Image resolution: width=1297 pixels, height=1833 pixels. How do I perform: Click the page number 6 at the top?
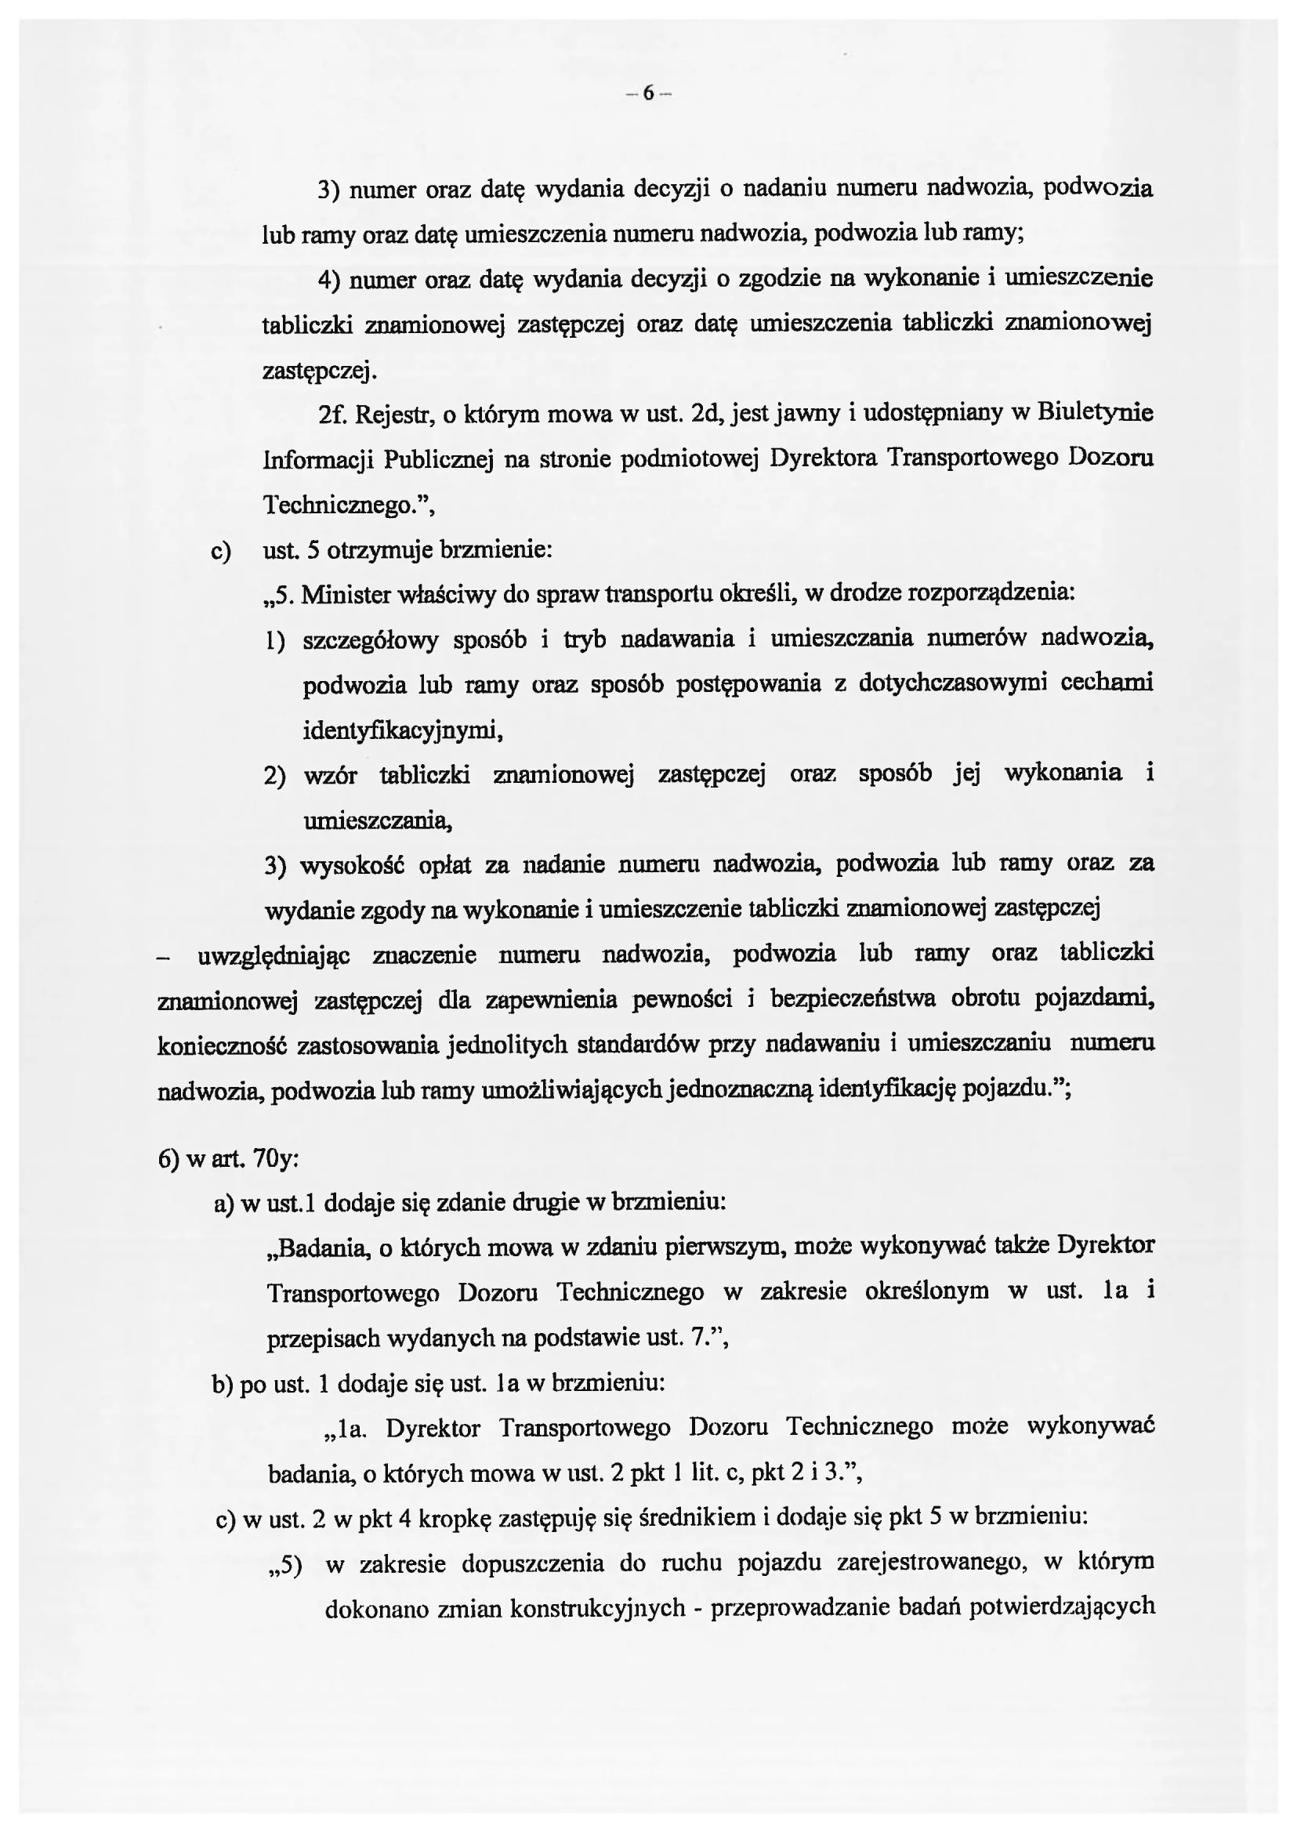coord(647,94)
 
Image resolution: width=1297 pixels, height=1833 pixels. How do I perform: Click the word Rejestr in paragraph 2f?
coord(392,415)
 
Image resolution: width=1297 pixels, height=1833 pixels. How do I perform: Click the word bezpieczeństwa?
coord(852,999)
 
